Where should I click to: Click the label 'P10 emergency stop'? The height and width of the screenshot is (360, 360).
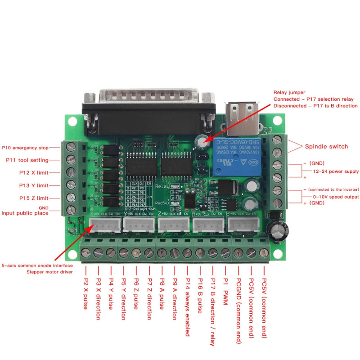click(25, 147)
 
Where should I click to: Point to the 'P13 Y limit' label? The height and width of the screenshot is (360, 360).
click(33, 185)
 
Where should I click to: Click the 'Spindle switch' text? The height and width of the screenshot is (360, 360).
click(326, 146)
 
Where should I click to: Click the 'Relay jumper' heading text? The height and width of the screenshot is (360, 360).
click(289, 92)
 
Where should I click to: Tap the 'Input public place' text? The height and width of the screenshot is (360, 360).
click(25, 213)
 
